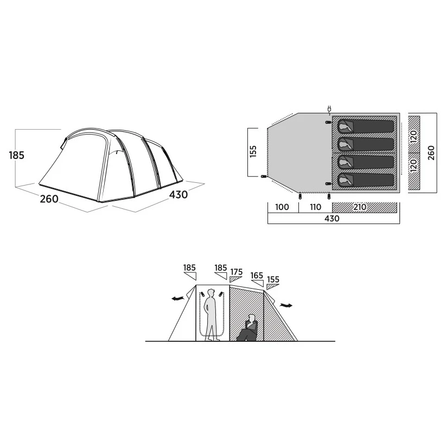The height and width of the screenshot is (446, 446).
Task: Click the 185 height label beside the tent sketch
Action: (x=16, y=155)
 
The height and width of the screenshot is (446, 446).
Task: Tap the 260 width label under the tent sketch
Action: (x=49, y=199)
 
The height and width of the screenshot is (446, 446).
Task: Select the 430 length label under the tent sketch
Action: (x=179, y=195)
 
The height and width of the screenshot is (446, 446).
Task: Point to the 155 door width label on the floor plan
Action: (x=253, y=151)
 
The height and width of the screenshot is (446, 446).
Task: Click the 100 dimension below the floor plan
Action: (x=282, y=207)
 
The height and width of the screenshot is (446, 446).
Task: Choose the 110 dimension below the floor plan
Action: (x=315, y=207)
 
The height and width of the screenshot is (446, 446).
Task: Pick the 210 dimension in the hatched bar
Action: (x=360, y=207)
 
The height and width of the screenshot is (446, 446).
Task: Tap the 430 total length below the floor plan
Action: (x=332, y=219)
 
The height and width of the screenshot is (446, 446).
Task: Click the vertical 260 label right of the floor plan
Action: (x=431, y=153)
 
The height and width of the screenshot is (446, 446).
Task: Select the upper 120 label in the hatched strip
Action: (x=414, y=137)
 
